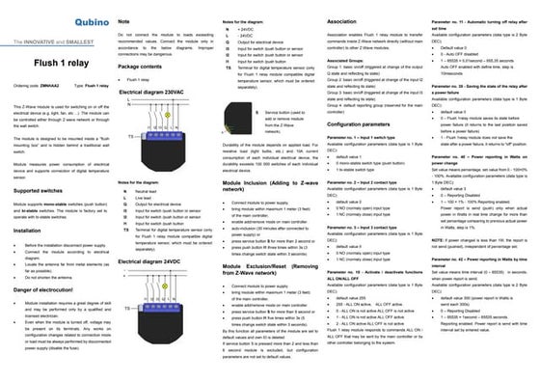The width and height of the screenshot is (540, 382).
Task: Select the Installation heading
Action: click(25, 232)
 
